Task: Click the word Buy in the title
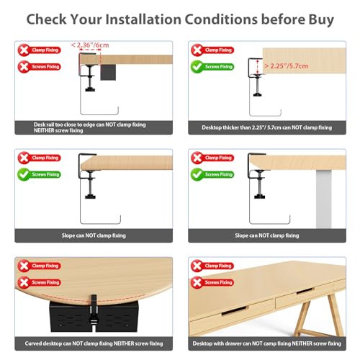(x=321, y=19)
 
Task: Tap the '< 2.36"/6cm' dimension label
(x=90, y=45)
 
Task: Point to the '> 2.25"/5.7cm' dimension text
(x=286, y=66)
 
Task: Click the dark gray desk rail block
(x=108, y=72)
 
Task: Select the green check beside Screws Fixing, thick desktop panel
(x=197, y=67)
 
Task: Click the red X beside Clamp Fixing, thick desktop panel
(x=197, y=50)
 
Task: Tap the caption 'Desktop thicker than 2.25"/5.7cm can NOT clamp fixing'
(x=267, y=127)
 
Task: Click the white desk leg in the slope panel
(x=323, y=199)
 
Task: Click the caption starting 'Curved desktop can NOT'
(x=94, y=343)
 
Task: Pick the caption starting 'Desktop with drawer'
(x=267, y=343)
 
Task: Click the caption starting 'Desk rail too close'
(x=90, y=127)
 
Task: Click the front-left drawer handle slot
(x=234, y=310)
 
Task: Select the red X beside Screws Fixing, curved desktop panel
(x=24, y=282)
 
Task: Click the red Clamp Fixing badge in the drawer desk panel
(x=212, y=266)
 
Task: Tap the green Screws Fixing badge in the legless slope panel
(x=39, y=174)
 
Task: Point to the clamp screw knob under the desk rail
(x=90, y=89)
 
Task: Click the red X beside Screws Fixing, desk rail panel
(x=24, y=67)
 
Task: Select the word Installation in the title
(x=143, y=19)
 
